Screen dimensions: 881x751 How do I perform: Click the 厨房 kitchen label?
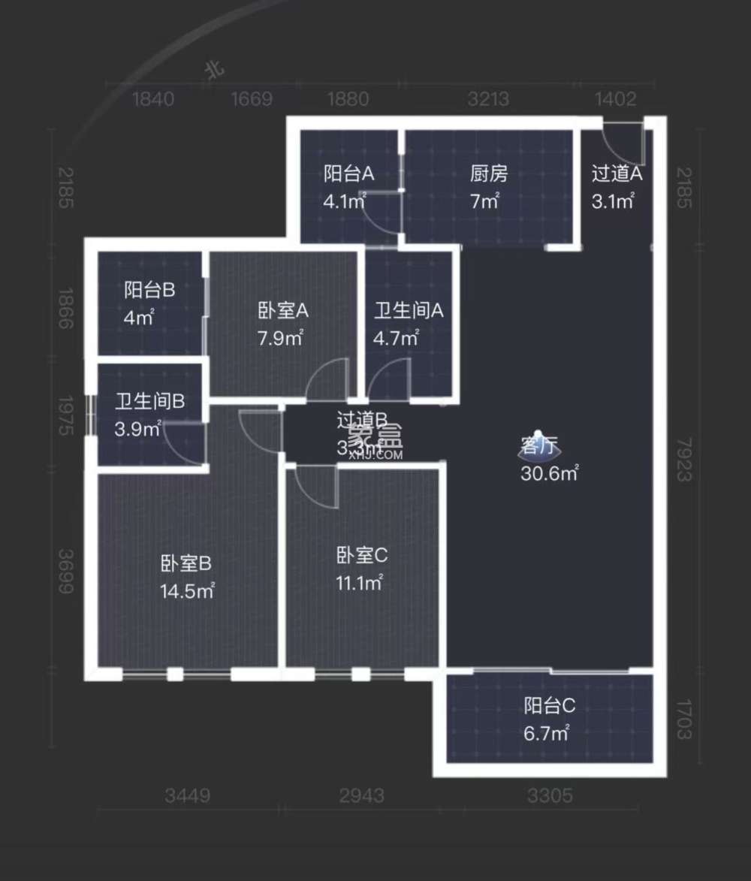click(x=489, y=174)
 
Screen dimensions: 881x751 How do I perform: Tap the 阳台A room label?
click(x=348, y=174)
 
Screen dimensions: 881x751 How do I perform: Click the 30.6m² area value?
click(x=549, y=473)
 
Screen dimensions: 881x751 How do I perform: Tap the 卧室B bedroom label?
click(x=185, y=563)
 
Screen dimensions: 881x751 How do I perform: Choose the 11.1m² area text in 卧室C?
click(x=360, y=582)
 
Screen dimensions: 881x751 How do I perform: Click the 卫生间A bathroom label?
click(x=409, y=311)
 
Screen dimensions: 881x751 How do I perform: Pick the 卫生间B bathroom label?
click(x=149, y=402)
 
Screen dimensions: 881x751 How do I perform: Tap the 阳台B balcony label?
click(x=149, y=291)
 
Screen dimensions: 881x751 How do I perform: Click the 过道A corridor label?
click(x=617, y=174)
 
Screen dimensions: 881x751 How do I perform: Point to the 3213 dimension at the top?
click(x=488, y=99)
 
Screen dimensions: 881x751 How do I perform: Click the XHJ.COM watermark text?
click(x=375, y=454)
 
